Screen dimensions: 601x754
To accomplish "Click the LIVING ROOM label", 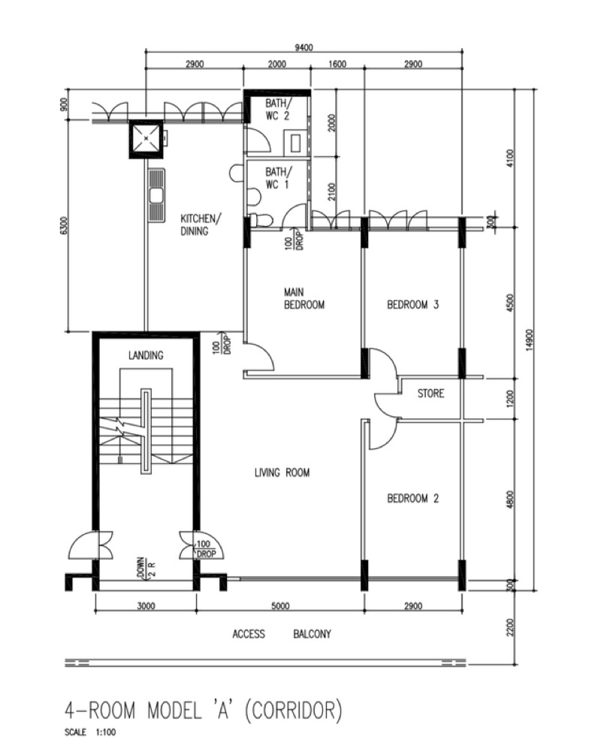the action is pos(282,472).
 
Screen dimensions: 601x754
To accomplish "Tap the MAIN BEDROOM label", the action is pos(304,298).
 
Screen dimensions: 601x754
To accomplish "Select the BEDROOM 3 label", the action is pos(413,304).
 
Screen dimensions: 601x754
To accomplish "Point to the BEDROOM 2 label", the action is pos(413,498).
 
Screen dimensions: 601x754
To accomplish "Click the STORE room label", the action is pos(430,394).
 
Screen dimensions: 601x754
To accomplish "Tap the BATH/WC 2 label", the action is pos(279,109).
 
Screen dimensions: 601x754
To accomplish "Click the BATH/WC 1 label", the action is pos(279,178).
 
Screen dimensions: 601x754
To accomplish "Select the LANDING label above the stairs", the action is pos(146,355).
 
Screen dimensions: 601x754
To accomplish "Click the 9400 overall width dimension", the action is pos(304,47).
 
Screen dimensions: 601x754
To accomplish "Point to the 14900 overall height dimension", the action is pos(530,340).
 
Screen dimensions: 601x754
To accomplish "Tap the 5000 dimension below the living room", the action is pos(280,606).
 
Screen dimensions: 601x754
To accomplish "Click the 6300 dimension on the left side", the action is pos(65,225).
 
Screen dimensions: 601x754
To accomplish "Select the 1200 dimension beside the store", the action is pos(511,399).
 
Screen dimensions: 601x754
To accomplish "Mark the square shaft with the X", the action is pos(146,138).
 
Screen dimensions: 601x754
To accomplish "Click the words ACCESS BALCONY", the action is pos(282,635).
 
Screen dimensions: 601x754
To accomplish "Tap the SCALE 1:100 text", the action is pos(90,732).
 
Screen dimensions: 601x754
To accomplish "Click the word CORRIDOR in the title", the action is pos(294,710).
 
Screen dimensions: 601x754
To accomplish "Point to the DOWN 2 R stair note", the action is pos(146,569).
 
